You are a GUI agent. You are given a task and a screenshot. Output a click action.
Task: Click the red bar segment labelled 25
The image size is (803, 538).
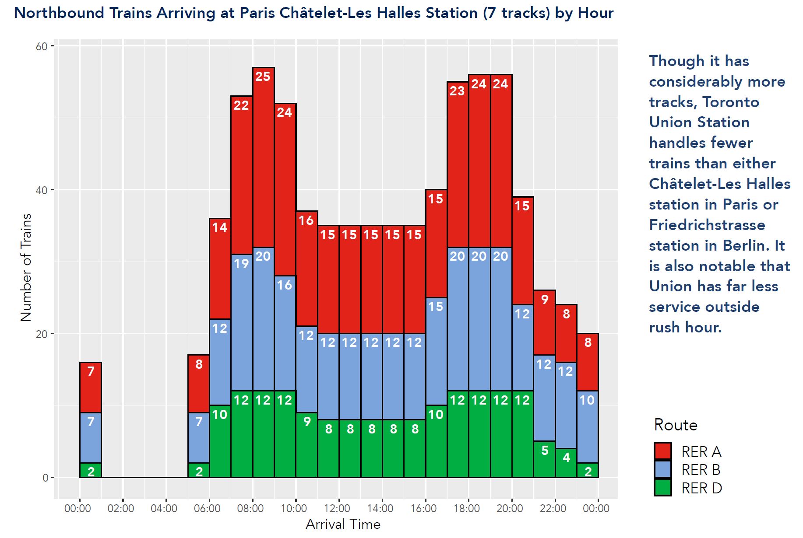point(263,157)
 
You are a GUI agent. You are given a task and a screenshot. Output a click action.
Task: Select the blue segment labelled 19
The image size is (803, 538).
point(242,322)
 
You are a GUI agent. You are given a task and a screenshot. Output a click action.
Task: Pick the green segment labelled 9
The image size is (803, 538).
point(306,445)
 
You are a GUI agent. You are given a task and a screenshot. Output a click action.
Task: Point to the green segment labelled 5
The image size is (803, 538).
point(544,459)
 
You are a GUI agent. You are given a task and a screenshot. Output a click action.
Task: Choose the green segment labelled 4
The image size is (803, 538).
point(566,463)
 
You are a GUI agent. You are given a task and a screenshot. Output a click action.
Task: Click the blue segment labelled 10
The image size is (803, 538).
point(588,426)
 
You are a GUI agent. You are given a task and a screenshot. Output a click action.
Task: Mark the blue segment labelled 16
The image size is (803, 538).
point(285,333)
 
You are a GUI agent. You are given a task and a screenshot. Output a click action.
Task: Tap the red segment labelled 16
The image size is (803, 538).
point(306,269)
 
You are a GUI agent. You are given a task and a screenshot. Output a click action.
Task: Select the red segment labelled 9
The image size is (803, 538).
point(544,322)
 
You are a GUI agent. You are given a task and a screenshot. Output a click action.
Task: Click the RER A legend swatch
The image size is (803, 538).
point(662,451)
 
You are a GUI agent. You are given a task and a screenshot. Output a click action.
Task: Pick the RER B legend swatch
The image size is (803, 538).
point(662,469)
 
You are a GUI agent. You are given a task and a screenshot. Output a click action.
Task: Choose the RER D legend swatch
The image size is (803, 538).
point(662,488)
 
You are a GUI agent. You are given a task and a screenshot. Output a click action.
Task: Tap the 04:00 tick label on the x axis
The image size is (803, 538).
point(164,509)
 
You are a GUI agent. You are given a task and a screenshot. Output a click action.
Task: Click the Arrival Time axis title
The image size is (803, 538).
point(343,524)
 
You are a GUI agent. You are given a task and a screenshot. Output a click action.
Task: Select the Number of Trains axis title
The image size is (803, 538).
point(26,267)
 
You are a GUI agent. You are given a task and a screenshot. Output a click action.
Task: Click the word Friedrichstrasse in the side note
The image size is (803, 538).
point(707,225)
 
